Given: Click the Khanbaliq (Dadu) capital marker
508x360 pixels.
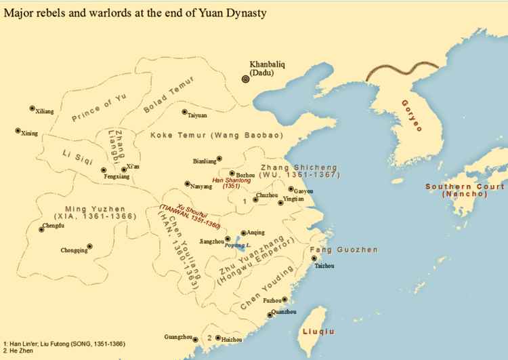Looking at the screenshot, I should point(245,79).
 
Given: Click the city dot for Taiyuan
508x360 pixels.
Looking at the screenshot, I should point(184,113).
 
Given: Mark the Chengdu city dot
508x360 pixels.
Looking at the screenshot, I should point(41,230).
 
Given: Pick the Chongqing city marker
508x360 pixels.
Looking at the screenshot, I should point(89,247).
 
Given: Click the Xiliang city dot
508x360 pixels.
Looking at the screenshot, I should point(32,108).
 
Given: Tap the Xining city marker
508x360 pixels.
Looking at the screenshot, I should point(18,131).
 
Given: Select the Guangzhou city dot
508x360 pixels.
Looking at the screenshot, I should point(195,339).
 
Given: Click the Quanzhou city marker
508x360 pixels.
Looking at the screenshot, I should point(270,314).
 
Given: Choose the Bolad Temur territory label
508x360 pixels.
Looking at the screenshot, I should point(169,94).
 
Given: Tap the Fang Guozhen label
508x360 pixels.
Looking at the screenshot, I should point(343,250).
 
